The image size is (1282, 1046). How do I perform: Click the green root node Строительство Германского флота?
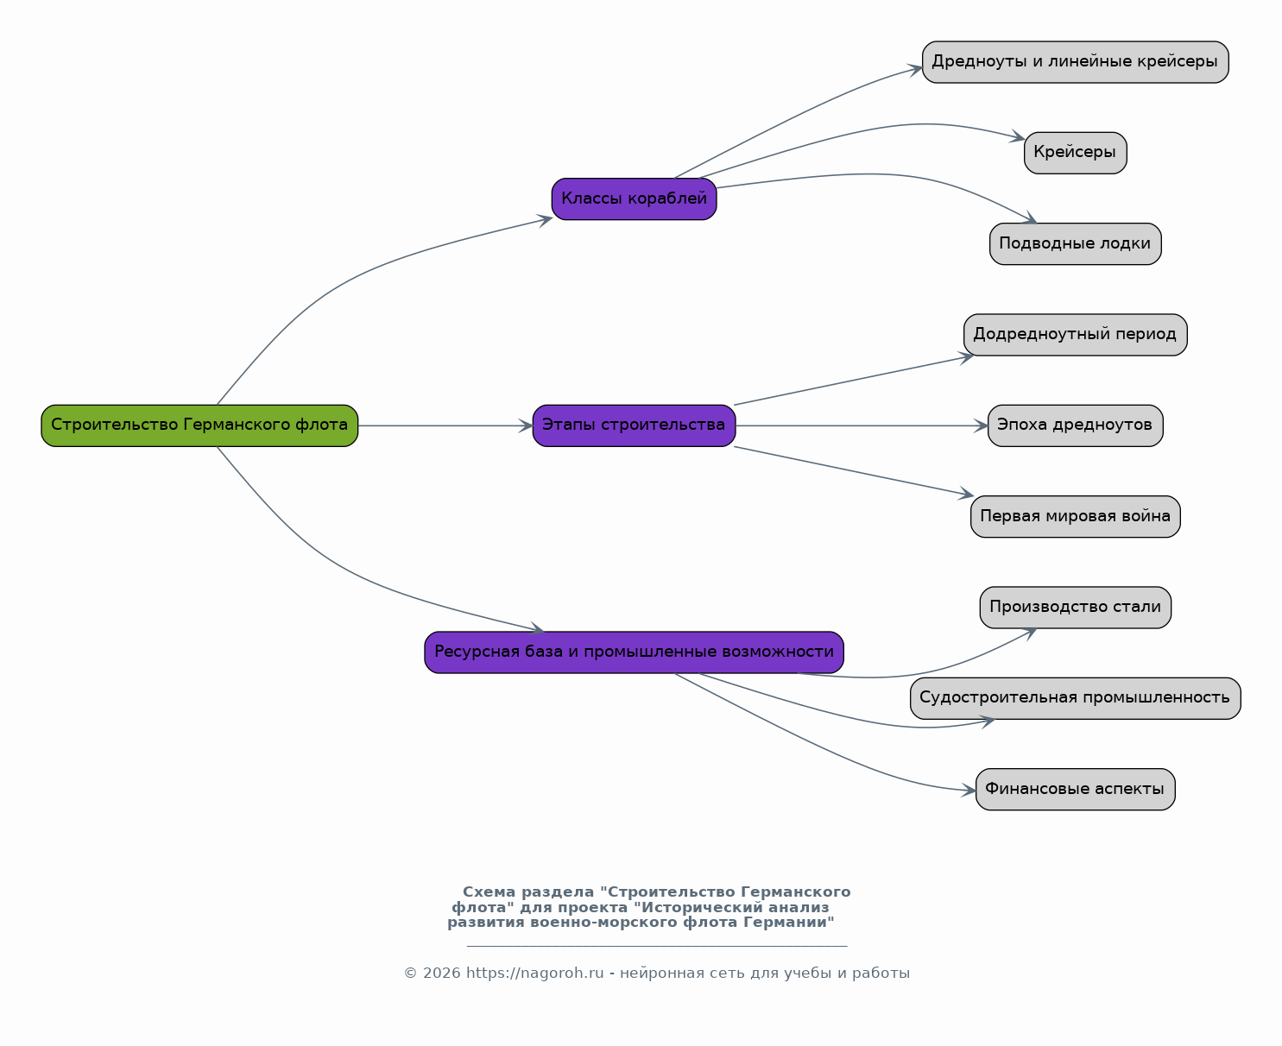[x=199, y=425]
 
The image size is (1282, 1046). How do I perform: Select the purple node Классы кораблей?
[x=634, y=198]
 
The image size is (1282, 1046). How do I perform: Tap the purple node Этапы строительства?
[x=634, y=425]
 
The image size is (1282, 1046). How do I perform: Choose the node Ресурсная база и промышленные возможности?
[x=634, y=652]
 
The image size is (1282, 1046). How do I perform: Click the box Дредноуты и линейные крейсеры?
[x=1076, y=62]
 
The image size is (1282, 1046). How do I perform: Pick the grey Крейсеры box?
[x=1076, y=153]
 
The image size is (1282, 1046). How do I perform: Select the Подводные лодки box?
[x=1076, y=243]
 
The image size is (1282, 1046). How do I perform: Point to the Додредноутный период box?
[x=1076, y=335]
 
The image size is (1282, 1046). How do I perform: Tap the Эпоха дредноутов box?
[x=1076, y=425]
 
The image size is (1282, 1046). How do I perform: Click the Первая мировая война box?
[x=1076, y=517]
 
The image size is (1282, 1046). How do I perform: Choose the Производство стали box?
[x=1076, y=608]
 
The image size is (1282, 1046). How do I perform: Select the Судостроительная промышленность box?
[x=1076, y=698]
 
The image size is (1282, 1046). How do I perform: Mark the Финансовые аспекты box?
[x=1076, y=789]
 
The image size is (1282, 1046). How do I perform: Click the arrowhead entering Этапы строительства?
[x=526, y=425]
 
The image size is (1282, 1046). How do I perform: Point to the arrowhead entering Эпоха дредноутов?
[x=981, y=425]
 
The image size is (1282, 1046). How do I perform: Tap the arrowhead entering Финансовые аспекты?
[x=969, y=791]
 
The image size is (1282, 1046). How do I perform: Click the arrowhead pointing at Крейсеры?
[x=1018, y=136]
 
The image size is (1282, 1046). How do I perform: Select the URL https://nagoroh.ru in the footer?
[x=535, y=973]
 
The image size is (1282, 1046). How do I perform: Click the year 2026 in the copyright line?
[x=441, y=973]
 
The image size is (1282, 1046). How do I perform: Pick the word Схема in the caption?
[x=489, y=892]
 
